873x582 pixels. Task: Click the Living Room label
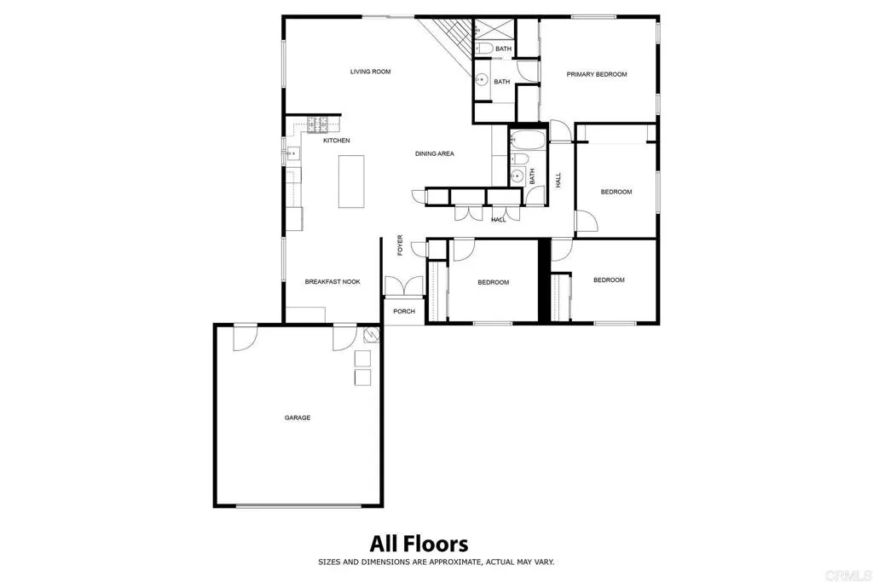click(x=370, y=72)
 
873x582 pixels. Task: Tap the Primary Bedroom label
click(x=597, y=75)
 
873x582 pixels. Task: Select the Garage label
click(x=298, y=418)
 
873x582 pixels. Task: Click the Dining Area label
click(x=434, y=154)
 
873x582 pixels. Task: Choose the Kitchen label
click(x=336, y=141)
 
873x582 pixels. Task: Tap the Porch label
click(x=404, y=311)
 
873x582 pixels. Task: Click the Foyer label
click(x=400, y=245)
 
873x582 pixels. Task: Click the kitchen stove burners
click(x=318, y=125)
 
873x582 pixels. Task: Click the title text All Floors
click(x=419, y=543)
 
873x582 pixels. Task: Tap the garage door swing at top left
click(x=245, y=337)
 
